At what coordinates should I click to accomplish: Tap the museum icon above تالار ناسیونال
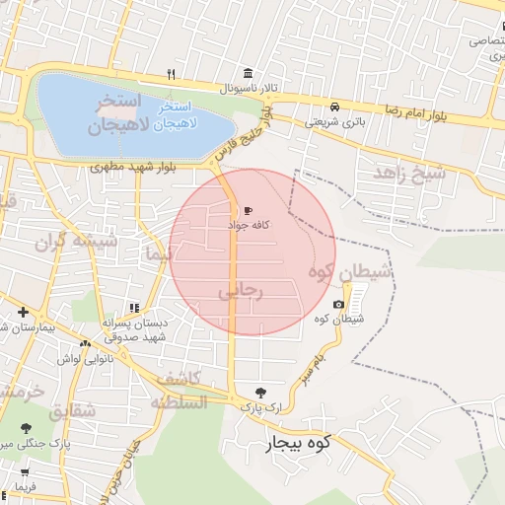tap(247, 74)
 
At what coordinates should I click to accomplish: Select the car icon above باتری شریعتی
tap(335, 107)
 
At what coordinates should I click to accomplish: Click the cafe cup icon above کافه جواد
tap(247, 210)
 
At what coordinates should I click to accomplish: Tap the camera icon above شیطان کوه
tap(339, 304)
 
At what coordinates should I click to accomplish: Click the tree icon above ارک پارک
tap(260, 392)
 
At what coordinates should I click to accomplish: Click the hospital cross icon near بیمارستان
tap(23, 312)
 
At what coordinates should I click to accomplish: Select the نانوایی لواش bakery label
tap(81, 359)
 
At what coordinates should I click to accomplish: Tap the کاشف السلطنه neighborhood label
tap(179, 391)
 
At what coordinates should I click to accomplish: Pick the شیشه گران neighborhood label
tap(77, 241)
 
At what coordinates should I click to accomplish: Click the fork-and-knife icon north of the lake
tap(171, 74)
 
